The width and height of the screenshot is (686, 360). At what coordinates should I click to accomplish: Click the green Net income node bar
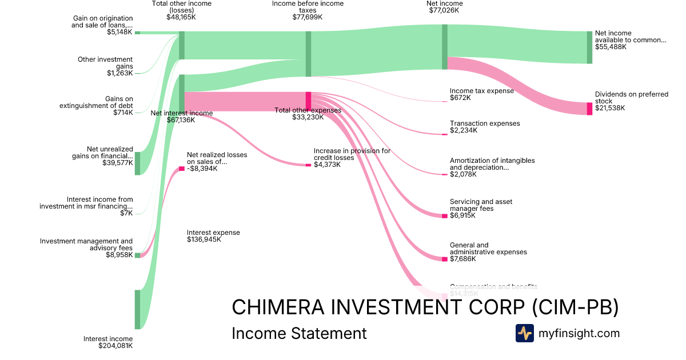click(444, 47)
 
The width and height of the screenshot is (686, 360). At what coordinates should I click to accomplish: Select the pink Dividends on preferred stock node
click(589, 109)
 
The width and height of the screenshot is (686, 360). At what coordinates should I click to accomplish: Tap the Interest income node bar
click(137, 309)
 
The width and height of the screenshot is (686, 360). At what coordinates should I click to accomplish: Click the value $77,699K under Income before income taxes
click(307, 17)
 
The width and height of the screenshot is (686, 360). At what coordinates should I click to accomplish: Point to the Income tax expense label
click(481, 91)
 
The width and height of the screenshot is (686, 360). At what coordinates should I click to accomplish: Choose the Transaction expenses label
click(485, 123)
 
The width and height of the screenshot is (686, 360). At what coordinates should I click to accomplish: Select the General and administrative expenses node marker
click(444, 259)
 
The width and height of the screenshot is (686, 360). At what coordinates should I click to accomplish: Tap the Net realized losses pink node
click(182, 169)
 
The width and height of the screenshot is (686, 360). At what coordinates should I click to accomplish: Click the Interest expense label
click(213, 233)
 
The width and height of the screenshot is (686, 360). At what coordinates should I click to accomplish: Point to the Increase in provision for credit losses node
click(308, 165)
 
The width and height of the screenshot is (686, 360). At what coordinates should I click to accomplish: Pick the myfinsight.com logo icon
click(524, 333)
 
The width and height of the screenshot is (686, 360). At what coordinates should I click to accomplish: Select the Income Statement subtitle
click(298, 333)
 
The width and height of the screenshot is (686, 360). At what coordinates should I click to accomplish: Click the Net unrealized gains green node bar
click(137, 163)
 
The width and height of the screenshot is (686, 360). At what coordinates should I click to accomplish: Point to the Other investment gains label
click(105, 63)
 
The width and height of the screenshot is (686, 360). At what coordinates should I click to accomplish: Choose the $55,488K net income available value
click(611, 47)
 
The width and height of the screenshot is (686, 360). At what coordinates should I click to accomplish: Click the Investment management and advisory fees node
click(137, 255)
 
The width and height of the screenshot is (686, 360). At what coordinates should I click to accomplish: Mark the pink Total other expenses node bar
click(308, 101)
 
